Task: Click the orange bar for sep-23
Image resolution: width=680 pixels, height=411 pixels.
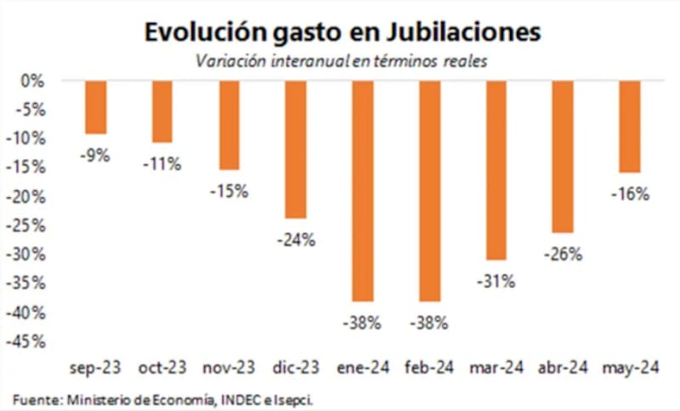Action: click(95, 107)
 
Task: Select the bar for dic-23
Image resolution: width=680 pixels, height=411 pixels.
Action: click(296, 149)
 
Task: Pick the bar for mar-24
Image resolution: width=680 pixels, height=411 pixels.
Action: click(496, 170)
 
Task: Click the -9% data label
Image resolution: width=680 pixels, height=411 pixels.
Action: click(95, 155)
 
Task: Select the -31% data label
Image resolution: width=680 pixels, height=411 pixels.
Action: click(496, 281)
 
